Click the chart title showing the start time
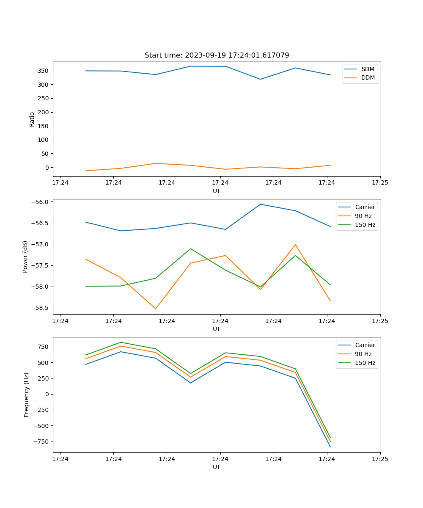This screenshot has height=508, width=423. coord(217,55)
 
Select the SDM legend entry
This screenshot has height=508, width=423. coord(368,69)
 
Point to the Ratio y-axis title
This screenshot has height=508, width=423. coord(32,119)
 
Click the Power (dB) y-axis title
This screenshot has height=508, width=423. coord(25,257)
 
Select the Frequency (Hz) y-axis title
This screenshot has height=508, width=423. coord(27,395)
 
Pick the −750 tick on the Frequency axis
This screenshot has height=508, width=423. coord(41,442)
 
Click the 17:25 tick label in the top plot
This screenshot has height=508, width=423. coord(380,183)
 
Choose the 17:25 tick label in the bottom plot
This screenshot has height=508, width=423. coord(380,459)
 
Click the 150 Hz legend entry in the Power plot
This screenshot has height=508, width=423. coord(365,225)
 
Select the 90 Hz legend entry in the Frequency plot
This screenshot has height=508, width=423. coord(363,354)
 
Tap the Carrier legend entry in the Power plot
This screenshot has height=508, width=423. coord(365,207)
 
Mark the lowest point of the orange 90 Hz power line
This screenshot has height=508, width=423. coord(156,309)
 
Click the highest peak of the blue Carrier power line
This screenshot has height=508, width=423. coord(261,204)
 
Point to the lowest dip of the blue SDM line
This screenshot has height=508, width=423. coord(261,79)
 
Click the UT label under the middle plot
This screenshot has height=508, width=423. coord(217,329)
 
